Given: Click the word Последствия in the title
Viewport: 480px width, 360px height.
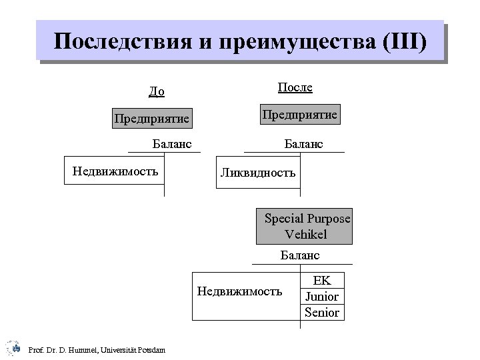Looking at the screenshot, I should pyautogui.click(x=121, y=42).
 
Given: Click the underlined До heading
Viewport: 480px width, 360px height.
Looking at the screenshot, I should pyautogui.click(x=157, y=91).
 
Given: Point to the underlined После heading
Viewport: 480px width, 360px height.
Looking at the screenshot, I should pyautogui.click(x=295, y=88).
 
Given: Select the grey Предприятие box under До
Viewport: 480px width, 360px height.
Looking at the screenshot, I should pyautogui.click(x=152, y=119).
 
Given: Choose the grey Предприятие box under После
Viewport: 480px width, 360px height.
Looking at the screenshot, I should pyautogui.click(x=300, y=115).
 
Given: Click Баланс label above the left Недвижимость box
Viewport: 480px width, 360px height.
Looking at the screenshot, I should pyautogui.click(x=172, y=143).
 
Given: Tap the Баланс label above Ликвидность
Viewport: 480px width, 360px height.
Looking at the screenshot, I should pyautogui.click(x=303, y=143).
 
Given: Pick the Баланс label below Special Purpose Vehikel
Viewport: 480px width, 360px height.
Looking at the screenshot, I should pyautogui.click(x=300, y=255).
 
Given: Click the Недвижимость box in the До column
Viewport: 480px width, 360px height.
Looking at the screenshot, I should pyautogui.click(x=115, y=172).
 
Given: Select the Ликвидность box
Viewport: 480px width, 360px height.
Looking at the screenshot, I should pyautogui.click(x=258, y=173).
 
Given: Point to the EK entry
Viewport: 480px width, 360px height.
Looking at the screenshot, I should pyautogui.click(x=322, y=281).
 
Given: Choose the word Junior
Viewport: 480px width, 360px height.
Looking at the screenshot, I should pyautogui.click(x=322, y=297).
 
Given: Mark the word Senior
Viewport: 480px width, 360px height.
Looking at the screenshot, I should pyautogui.click(x=322, y=312).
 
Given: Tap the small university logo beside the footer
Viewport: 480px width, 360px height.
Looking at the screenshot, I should pyautogui.click(x=13, y=347).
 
